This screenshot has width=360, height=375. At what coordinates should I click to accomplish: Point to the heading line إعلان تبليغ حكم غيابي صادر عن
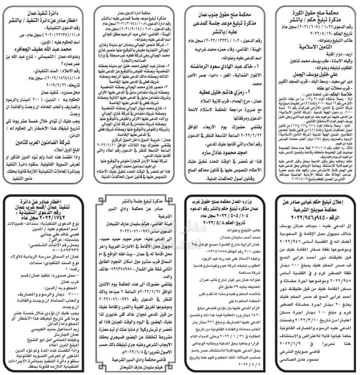click(x=315, y=203)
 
